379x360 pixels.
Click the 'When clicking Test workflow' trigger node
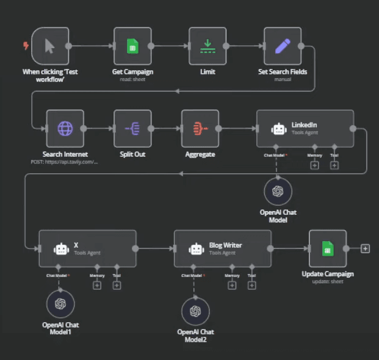(50, 46)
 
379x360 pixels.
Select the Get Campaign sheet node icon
(132, 46)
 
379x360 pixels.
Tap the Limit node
(208, 46)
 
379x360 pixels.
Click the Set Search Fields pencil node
(283, 46)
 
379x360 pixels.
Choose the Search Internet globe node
(65, 128)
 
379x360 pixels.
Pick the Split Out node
(132, 128)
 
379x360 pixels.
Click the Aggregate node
(200, 128)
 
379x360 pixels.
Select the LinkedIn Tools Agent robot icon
(279, 129)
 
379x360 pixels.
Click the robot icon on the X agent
(61, 248)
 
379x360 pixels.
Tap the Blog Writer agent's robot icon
(196, 248)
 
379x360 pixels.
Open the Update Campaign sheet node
(328, 248)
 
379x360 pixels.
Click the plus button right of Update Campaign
(365, 248)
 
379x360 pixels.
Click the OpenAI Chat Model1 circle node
(60, 304)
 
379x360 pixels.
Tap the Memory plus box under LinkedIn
(315, 165)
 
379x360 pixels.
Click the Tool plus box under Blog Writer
(251, 285)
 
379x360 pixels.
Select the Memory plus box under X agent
(96, 285)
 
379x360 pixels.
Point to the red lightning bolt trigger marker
(26, 45)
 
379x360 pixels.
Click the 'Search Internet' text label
(65, 154)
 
